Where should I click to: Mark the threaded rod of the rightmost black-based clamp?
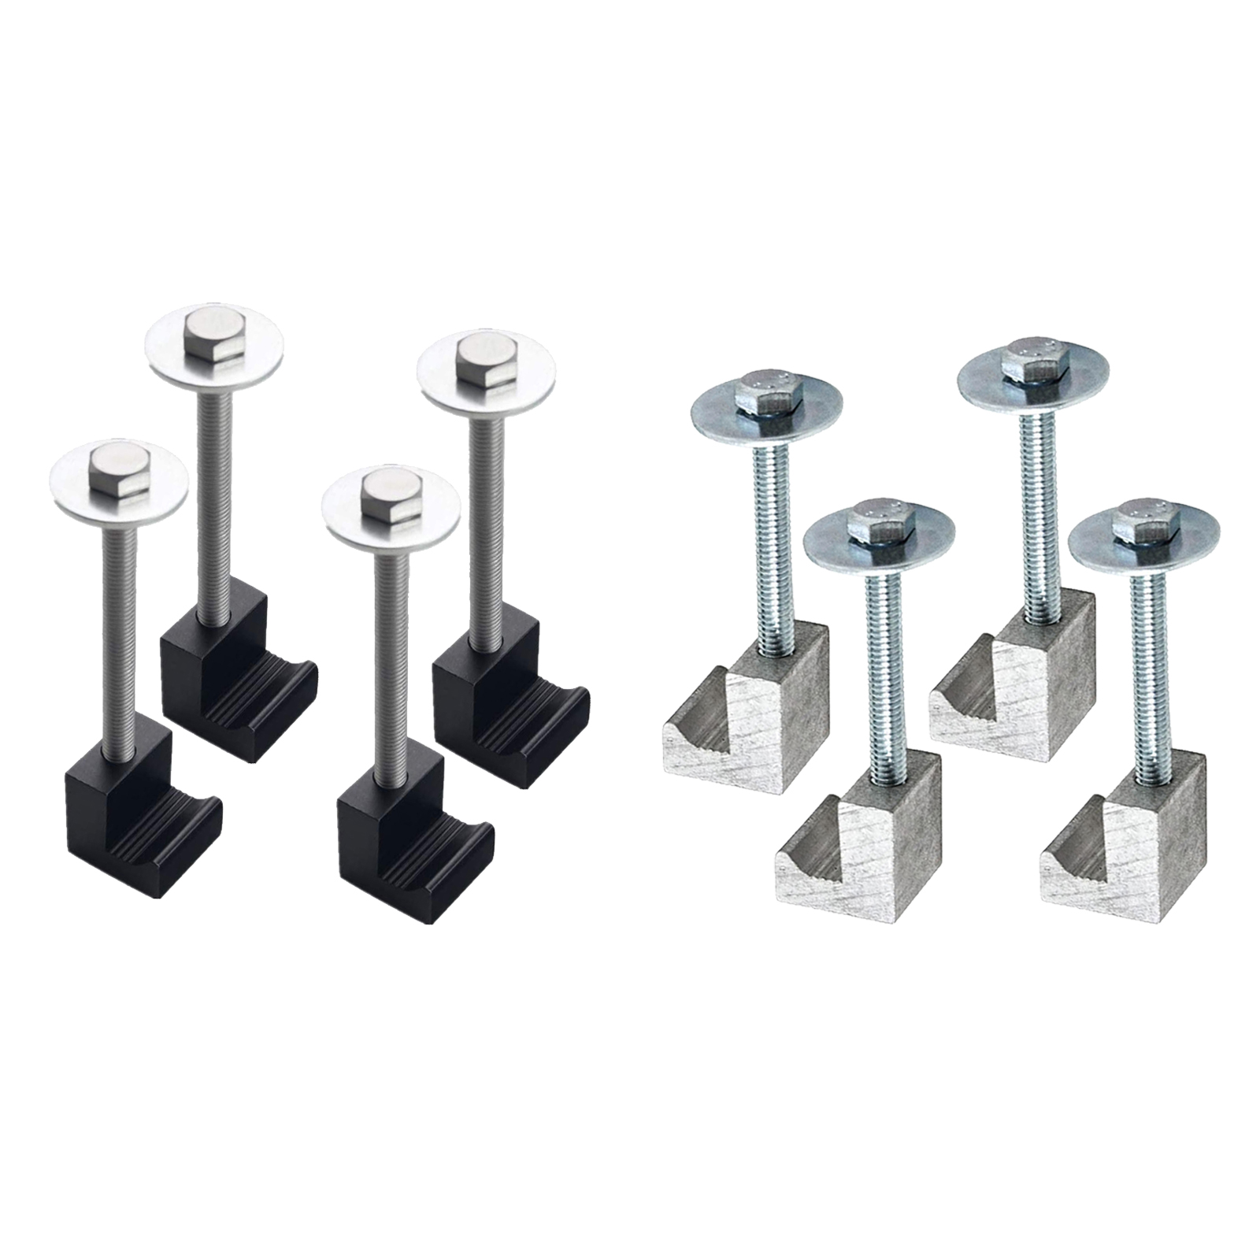pos(485,512)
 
